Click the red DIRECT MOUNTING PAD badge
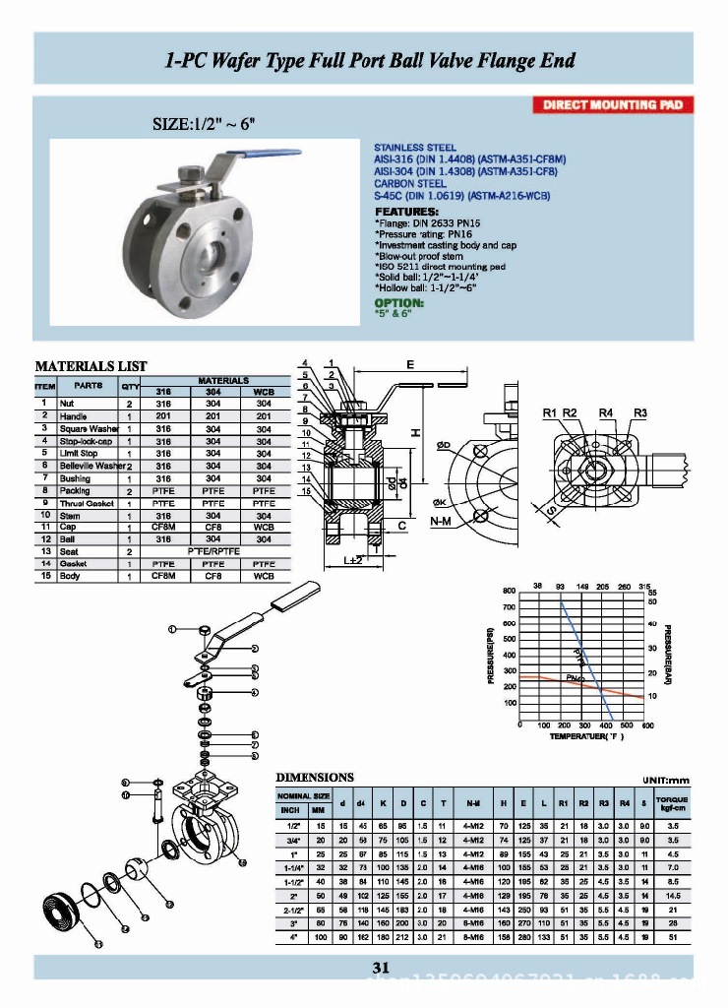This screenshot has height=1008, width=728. coord(613,105)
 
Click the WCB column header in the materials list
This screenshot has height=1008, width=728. coord(264,392)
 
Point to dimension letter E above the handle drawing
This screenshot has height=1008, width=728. coord(408,364)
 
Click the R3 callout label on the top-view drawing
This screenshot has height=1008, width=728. coord(640,411)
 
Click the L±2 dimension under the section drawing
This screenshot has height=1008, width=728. coord(354,560)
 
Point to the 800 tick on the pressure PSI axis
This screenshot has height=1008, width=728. coord(509,591)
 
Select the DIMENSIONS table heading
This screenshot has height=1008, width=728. coord(314,777)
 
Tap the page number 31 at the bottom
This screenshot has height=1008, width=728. coord(381,968)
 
